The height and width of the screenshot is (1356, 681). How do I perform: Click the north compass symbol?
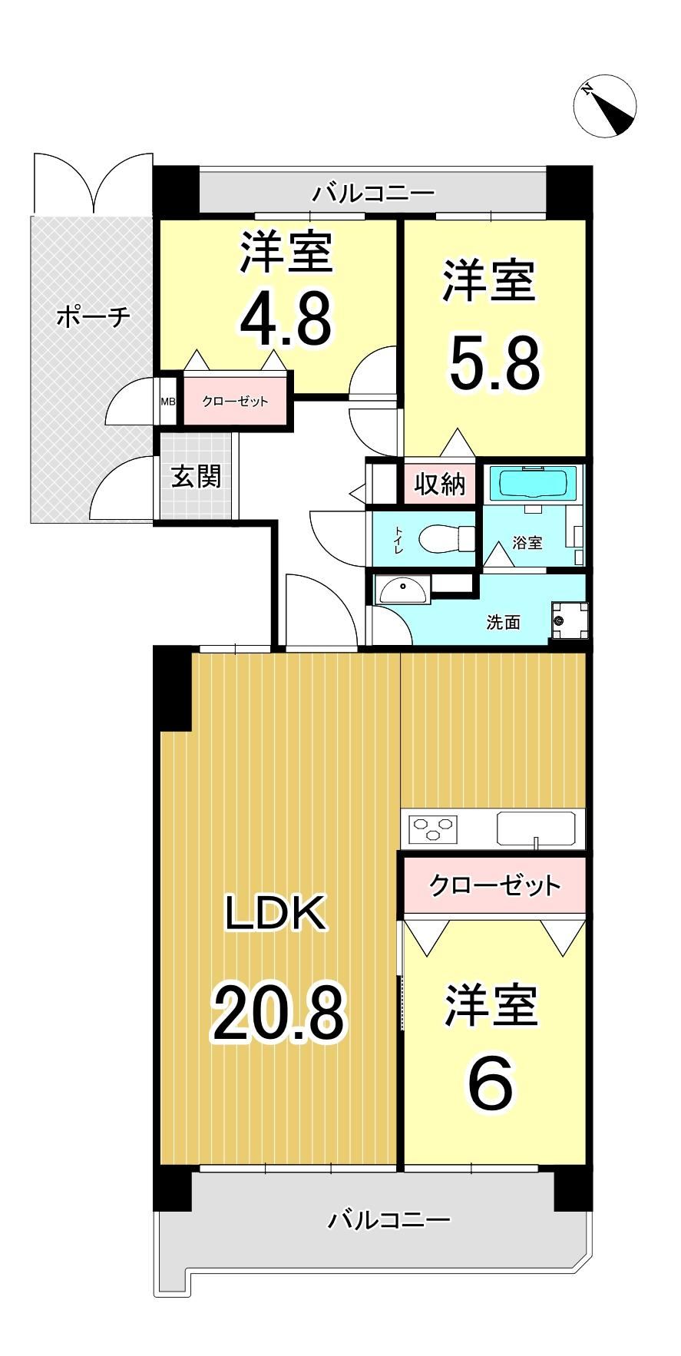click(606, 106)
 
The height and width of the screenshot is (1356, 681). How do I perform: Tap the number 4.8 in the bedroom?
click(286, 319)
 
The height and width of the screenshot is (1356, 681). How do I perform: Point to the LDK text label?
click(276, 912)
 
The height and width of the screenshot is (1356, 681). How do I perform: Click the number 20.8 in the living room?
click(279, 1014)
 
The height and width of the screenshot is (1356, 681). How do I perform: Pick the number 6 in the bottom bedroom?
click(490, 1085)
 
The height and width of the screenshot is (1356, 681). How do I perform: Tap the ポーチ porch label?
click(94, 316)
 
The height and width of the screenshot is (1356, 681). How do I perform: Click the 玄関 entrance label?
click(196, 476)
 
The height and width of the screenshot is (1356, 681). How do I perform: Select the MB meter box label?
click(168, 401)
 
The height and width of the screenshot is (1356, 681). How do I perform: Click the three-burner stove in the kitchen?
click(433, 828)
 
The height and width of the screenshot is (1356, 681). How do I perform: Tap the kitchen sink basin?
click(535, 828)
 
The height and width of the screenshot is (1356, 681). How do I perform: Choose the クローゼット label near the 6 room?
click(495, 885)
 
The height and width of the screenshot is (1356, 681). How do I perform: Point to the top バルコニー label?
click(373, 192)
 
